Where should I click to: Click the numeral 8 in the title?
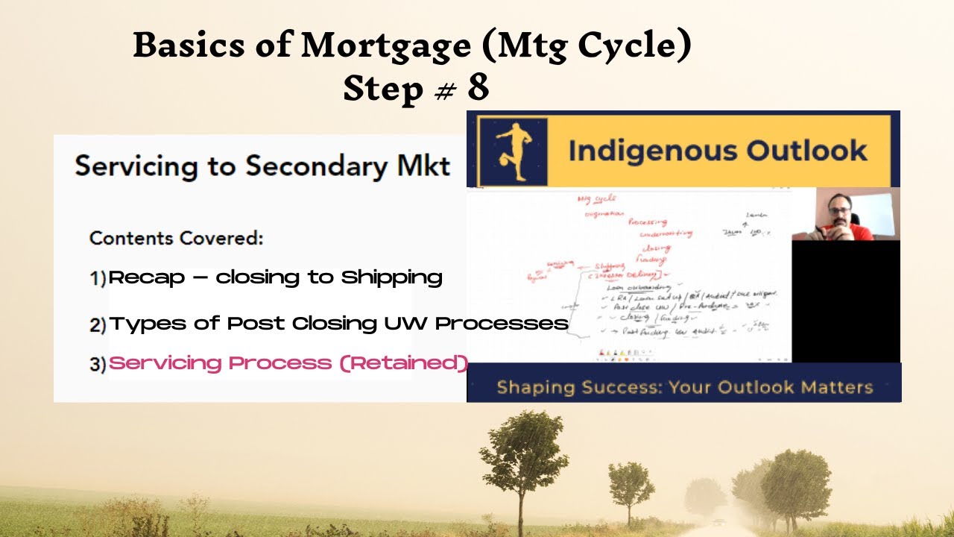click(x=478, y=88)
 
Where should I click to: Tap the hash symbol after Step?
click(x=444, y=91)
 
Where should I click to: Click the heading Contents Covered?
click(x=177, y=239)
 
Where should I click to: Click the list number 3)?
click(x=98, y=365)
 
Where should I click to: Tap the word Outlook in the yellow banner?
click(x=808, y=151)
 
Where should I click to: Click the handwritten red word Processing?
click(x=647, y=222)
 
